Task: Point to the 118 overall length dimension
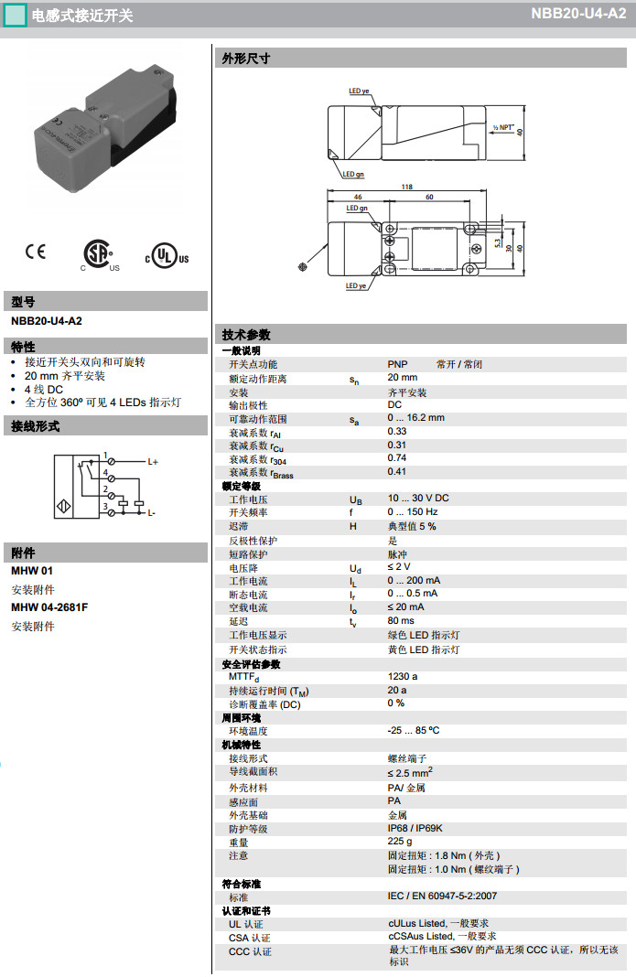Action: pos(407,187)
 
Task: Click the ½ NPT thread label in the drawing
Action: pos(503,129)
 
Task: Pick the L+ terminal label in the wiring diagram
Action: pos(153,462)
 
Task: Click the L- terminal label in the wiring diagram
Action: pos(151,512)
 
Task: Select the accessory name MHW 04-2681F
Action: pos(49,607)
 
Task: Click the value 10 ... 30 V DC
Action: pos(418,499)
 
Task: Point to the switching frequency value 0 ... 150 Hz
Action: pos(413,512)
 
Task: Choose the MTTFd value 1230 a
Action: pos(403,677)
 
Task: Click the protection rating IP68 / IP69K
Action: pos(415,828)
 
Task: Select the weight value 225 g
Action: pos(400,842)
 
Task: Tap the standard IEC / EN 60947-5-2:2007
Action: pos(442,896)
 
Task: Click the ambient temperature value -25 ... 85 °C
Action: pos(414,731)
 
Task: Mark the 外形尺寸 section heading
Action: pos(246,59)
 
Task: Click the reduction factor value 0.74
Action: pos(397,457)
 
